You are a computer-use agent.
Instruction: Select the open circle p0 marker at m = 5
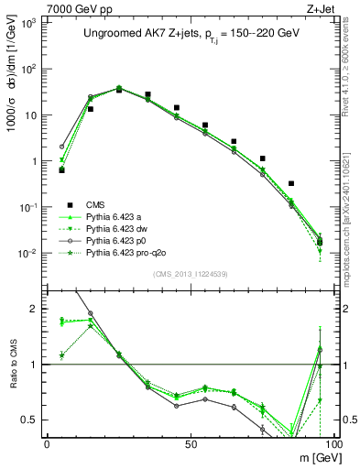61,147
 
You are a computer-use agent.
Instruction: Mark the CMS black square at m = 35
147,94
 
